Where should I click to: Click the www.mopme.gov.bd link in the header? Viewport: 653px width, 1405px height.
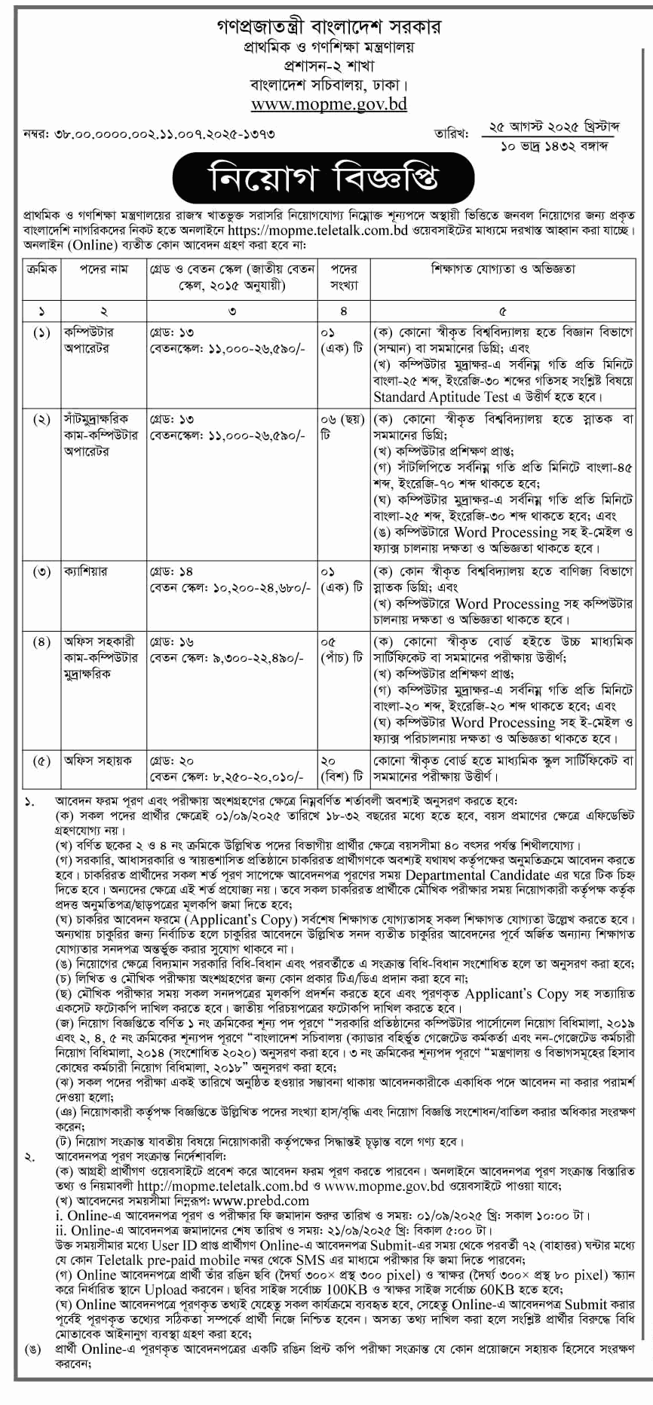(329, 104)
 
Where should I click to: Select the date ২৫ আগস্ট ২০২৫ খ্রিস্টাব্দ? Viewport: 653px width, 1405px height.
(556, 127)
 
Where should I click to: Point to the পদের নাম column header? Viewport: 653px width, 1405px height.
(103, 269)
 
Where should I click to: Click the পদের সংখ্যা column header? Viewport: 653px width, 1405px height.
(343, 277)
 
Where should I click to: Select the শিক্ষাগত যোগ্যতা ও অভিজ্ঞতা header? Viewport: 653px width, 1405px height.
(502, 269)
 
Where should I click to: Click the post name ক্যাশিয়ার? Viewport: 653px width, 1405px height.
(86, 571)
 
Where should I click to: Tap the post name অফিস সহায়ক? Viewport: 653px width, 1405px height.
(98, 761)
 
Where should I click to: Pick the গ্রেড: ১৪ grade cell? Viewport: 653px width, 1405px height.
(172, 571)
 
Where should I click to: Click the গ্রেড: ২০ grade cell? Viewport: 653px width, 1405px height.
(172, 761)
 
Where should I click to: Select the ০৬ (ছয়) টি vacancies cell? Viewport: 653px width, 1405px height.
(341, 427)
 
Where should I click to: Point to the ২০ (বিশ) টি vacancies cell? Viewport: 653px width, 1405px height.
(341, 768)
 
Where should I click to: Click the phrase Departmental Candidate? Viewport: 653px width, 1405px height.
(477, 875)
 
